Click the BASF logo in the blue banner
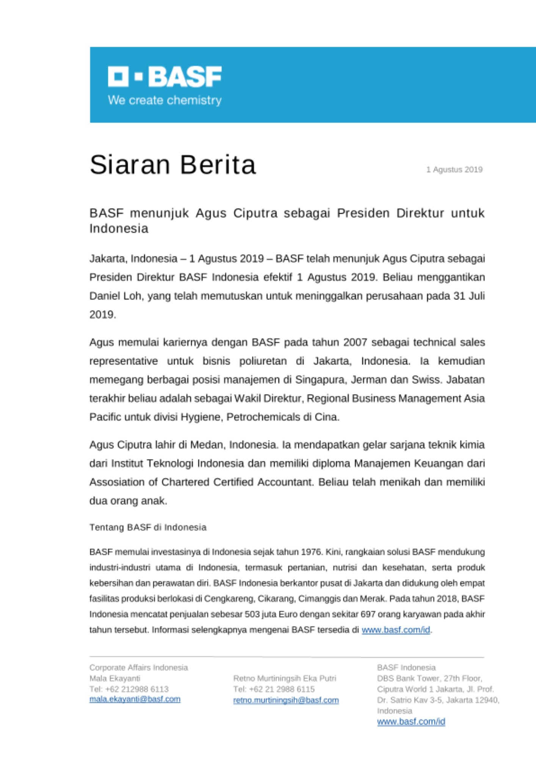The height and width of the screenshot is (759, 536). pyautogui.click(x=165, y=76)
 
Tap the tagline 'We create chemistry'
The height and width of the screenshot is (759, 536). pyautogui.click(x=165, y=100)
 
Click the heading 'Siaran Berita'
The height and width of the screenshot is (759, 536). pyautogui.click(x=173, y=165)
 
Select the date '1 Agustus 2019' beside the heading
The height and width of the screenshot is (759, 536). pyautogui.click(x=454, y=170)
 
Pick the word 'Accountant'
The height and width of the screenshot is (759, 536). pyautogui.click(x=285, y=482)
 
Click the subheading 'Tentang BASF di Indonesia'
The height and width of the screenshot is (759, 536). pyautogui.click(x=148, y=527)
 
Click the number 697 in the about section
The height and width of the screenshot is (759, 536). pyautogui.click(x=368, y=614)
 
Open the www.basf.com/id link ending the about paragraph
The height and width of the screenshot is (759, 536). pyautogui.click(x=396, y=630)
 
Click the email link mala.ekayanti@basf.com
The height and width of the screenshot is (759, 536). pyautogui.click(x=135, y=699)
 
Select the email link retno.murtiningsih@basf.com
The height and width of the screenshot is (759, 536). pyautogui.click(x=286, y=700)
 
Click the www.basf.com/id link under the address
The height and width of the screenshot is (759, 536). pyautogui.click(x=411, y=721)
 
